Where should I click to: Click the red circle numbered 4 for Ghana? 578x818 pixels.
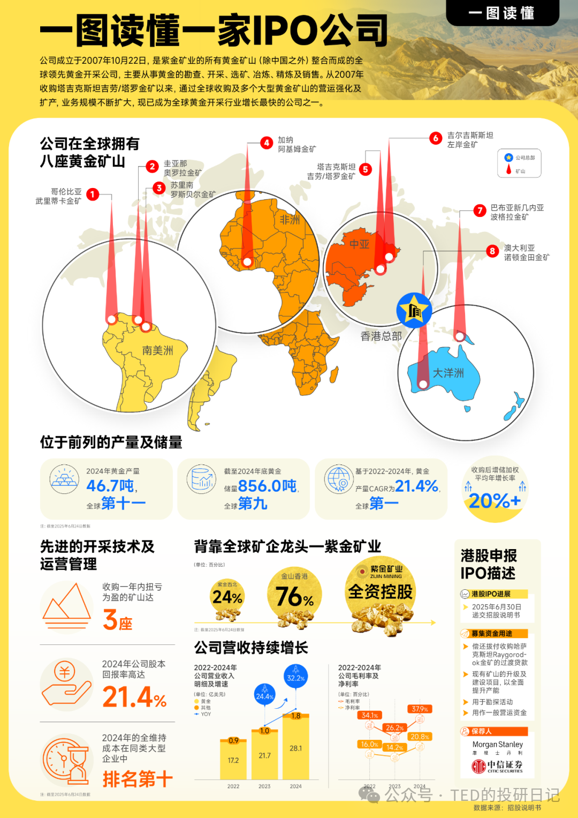267,143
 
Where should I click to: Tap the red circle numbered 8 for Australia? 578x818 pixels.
492,251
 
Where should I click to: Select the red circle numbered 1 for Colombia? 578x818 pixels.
93,194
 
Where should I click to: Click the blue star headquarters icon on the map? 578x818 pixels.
414,310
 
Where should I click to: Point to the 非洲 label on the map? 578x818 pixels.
290,220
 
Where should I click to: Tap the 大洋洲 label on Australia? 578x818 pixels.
448,373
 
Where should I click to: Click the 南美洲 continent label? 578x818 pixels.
157,350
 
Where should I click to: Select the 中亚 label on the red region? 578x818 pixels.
360,244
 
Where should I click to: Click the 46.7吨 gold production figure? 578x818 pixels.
110,486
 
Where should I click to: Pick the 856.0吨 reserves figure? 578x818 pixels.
267,486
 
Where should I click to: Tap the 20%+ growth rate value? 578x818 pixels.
495,501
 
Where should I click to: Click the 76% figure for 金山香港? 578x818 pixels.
294,597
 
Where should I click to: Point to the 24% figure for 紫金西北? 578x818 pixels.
227,597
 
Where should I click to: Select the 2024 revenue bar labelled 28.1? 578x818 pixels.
295,748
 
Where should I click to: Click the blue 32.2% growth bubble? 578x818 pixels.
295,678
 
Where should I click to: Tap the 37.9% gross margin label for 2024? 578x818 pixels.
420,709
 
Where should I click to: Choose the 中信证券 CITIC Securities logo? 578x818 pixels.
497,767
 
